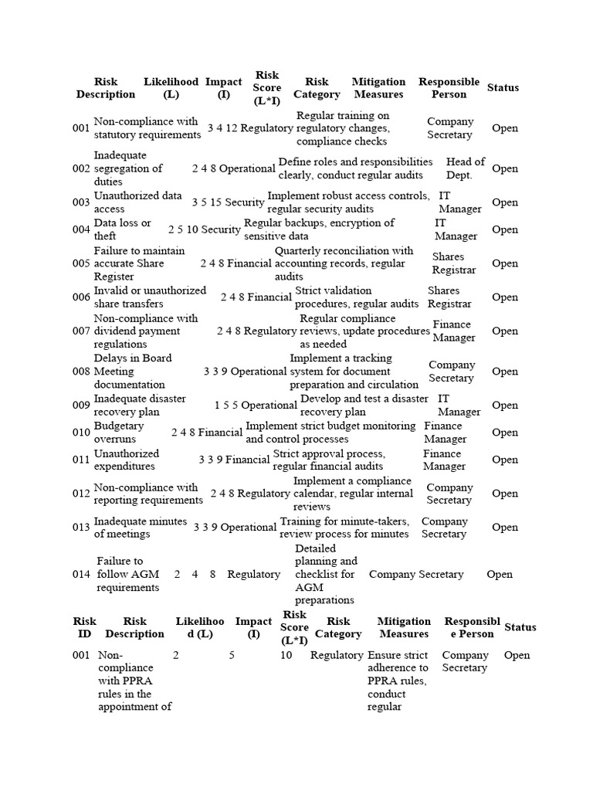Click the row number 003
click(x=81, y=202)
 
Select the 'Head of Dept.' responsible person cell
click(x=465, y=168)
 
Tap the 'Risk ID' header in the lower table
click(x=85, y=627)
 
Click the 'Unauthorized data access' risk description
click(x=137, y=202)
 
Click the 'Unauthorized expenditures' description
click(x=127, y=460)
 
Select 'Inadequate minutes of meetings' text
click(x=140, y=528)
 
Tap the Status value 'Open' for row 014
click(x=500, y=574)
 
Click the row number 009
click(x=81, y=406)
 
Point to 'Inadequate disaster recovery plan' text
click(x=140, y=406)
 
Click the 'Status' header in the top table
click(x=503, y=88)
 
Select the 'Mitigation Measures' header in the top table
click(x=378, y=88)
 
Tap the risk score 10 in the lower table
click(x=286, y=655)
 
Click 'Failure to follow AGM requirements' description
click(x=128, y=574)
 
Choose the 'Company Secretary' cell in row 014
click(x=416, y=574)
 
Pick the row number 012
click(x=81, y=494)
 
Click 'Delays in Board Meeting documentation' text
click(x=132, y=372)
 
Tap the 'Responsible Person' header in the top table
click(x=449, y=88)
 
